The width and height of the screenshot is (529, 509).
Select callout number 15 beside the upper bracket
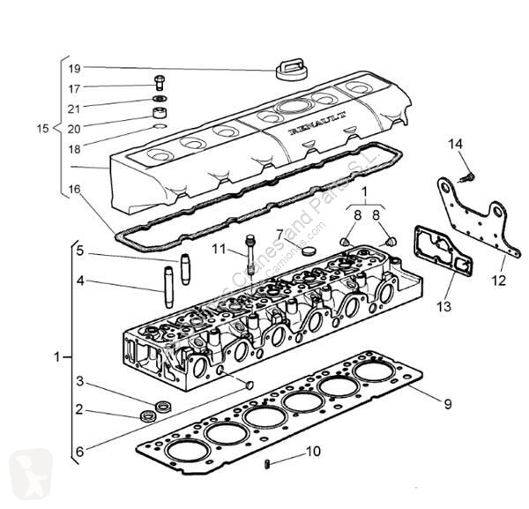tap(43, 129)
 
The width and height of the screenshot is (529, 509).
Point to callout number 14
tap(454, 144)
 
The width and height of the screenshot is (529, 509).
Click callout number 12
tap(498, 281)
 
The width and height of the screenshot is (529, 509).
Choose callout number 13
tap(444, 306)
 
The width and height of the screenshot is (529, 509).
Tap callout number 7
tap(279, 234)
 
